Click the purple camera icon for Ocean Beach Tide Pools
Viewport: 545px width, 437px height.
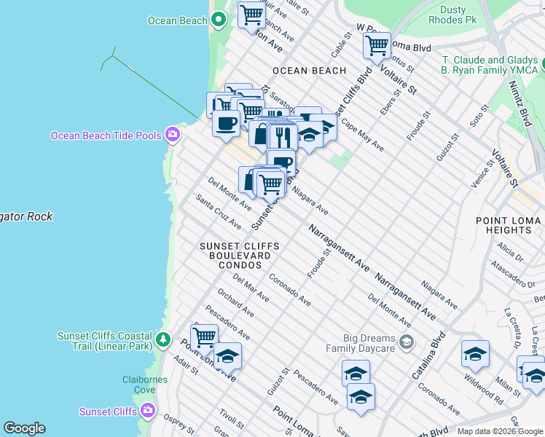tap(173, 135)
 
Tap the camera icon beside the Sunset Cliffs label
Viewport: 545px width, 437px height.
tap(148, 411)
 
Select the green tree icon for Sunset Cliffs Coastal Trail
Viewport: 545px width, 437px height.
tap(163, 340)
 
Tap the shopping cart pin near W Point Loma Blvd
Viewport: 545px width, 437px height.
tap(377, 46)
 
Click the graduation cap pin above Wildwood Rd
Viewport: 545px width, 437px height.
tap(475, 354)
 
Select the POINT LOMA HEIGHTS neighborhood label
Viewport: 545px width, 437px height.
tap(509, 225)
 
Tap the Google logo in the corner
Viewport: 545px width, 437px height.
tap(24, 428)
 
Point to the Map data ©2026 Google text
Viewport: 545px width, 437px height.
tap(499, 431)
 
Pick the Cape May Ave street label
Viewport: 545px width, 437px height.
tap(362, 135)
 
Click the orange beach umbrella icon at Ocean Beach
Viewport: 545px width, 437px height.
tap(219, 20)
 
